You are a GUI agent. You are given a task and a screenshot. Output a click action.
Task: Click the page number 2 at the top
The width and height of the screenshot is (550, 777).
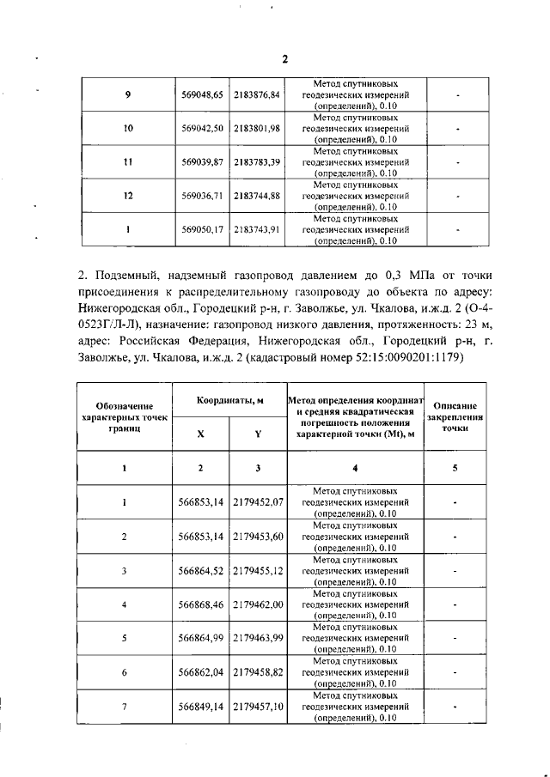284,58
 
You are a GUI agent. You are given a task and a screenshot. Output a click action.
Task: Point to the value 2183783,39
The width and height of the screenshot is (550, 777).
258,161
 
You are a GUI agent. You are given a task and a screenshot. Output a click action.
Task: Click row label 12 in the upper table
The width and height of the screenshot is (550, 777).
127,196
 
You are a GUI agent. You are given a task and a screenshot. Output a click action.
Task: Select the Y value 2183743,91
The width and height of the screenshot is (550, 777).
258,230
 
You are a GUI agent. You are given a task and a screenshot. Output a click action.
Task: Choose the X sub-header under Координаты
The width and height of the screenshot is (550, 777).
201,434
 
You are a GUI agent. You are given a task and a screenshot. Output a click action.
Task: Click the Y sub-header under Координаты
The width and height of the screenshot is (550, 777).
258,434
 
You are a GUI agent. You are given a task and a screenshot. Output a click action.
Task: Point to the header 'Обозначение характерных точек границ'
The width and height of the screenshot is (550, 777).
125,416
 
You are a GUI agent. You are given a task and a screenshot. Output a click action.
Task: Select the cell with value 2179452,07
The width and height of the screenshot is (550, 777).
258,501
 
